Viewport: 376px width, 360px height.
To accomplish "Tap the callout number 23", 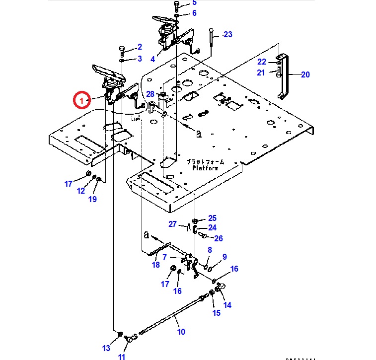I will click(227, 34).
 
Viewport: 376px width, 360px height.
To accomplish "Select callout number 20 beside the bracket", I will click(305, 74).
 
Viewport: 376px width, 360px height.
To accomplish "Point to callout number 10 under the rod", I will click(181, 331).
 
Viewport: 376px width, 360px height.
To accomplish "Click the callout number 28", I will click(150, 94).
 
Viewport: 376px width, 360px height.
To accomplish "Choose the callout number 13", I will click(106, 348).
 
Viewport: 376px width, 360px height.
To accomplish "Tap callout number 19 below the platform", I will click(92, 199).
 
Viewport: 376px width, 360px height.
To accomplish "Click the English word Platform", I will click(206, 168).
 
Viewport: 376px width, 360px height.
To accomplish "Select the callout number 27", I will click(172, 224).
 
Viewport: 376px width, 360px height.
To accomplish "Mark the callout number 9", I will click(225, 257).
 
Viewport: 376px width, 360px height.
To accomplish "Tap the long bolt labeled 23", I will click(211, 40).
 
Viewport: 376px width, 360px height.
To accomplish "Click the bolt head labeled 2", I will click(122, 50).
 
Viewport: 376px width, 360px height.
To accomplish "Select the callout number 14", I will click(227, 305).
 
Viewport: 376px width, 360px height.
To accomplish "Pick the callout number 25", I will click(212, 218).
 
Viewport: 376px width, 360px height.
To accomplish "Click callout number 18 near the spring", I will click(156, 265).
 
